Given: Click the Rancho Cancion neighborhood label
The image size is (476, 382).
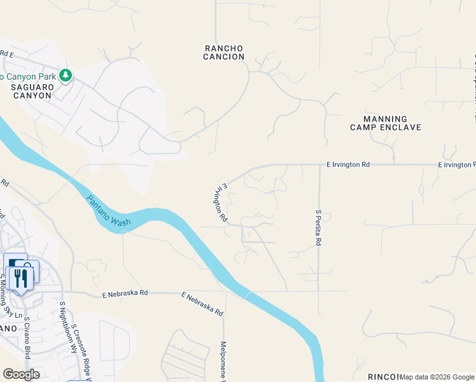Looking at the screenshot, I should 224,52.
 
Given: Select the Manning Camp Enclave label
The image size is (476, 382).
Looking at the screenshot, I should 386,123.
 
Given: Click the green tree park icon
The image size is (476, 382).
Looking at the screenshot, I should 65,76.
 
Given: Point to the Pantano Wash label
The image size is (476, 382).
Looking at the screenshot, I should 109,210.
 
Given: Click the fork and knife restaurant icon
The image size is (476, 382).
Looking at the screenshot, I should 20,278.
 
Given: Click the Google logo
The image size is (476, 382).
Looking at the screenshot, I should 21,374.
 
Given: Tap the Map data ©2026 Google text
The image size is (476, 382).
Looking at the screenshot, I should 437,377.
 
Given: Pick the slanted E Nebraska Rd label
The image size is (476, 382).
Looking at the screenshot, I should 202,304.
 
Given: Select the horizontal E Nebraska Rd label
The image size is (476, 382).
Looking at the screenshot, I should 125,294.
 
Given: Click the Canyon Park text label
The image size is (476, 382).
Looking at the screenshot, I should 28,76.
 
